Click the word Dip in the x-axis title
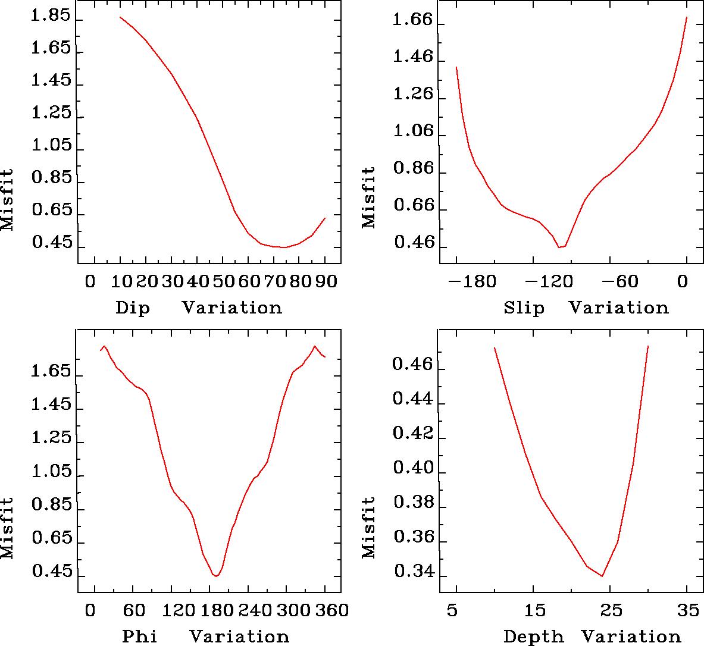click(x=133, y=308)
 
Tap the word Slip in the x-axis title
click(x=524, y=308)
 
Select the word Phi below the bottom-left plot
click(x=140, y=636)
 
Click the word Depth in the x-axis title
click(x=533, y=636)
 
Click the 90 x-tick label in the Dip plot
click(x=325, y=281)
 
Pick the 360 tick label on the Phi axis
click(x=324, y=610)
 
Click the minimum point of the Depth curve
click(x=602, y=576)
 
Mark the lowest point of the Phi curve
click(x=216, y=576)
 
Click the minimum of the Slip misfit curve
click(x=559, y=247)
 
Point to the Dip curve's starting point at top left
click(x=120, y=17)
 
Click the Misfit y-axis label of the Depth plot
click(x=369, y=527)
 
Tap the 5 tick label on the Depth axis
click(x=456, y=610)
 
